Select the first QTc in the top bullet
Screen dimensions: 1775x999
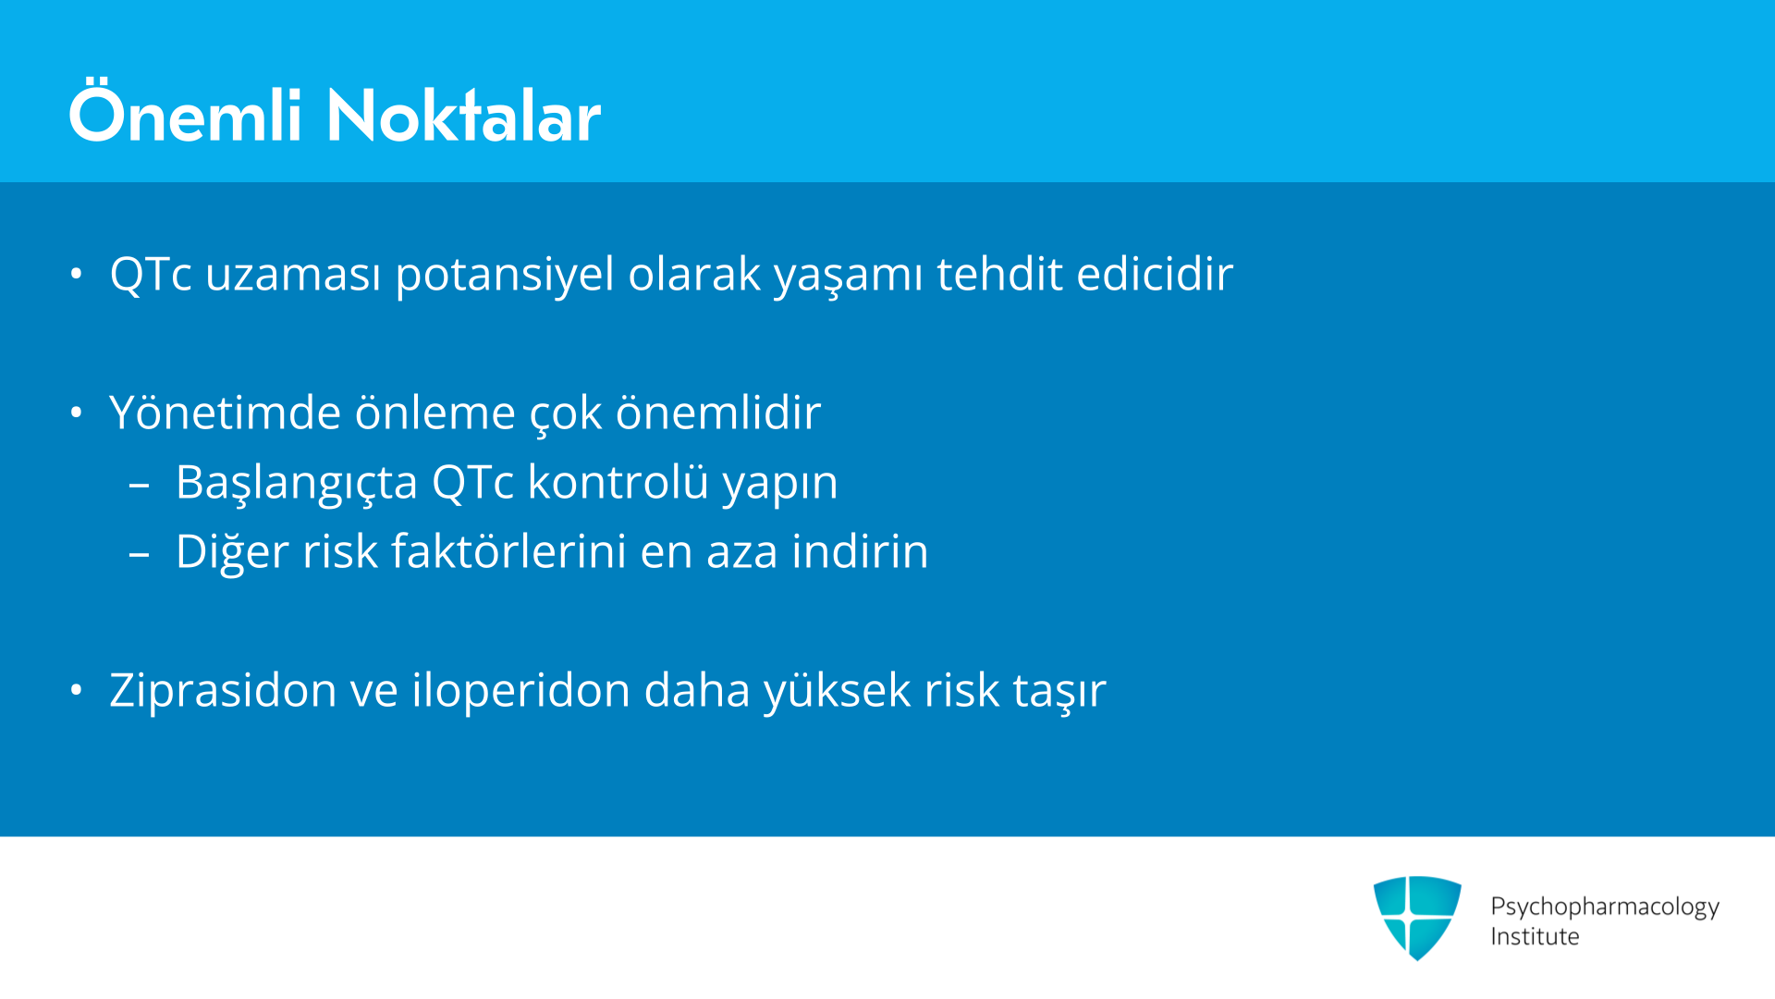click(151, 274)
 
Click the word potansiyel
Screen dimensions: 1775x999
click(505, 275)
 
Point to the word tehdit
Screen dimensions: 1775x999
click(999, 274)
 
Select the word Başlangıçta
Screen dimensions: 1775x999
click(297, 483)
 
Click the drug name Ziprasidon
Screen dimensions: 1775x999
click(223, 691)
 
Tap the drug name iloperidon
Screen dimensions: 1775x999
click(521, 691)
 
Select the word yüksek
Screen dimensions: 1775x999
click(838, 691)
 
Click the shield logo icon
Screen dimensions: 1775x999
click(1417, 918)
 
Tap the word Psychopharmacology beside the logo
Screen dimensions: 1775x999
click(1605, 906)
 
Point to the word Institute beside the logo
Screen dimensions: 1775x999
click(1535, 936)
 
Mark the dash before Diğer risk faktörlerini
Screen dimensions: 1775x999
click(140, 554)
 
